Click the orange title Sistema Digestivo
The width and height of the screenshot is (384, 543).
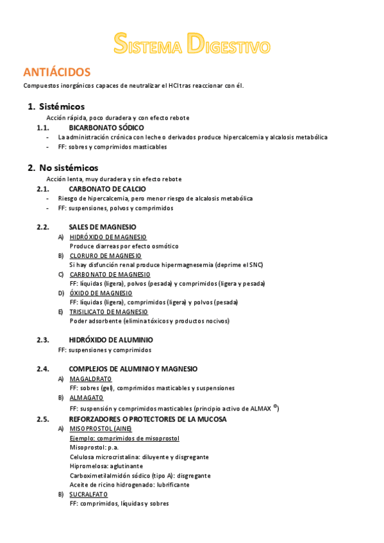pyautogui.click(x=192, y=43)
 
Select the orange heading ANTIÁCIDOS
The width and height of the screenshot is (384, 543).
pyautogui.click(x=56, y=72)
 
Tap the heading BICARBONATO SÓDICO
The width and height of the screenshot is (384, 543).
pyautogui.click(x=106, y=127)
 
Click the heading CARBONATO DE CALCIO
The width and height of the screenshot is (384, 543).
pyautogui.click(x=107, y=189)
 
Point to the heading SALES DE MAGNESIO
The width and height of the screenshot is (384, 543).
pyautogui.click(x=102, y=227)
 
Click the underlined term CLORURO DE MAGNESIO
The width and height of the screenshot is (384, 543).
pyautogui.click(x=105, y=255)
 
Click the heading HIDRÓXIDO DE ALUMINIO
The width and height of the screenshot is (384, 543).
pyautogui.click(x=111, y=340)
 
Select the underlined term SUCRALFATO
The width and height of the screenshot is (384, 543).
pyautogui.click(x=88, y=494)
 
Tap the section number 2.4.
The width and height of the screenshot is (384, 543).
pyautogui.click(x=43, y=369)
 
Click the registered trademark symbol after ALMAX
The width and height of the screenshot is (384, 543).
pyautogui.click(x=275, y=406)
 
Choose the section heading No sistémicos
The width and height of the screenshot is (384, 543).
pyautogui.click(x=69, y=168)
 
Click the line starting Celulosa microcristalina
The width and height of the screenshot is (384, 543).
pyautogui.click(x=139, y=457)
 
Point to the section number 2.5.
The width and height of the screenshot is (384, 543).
pyautogui.click(x=43, y=419)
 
